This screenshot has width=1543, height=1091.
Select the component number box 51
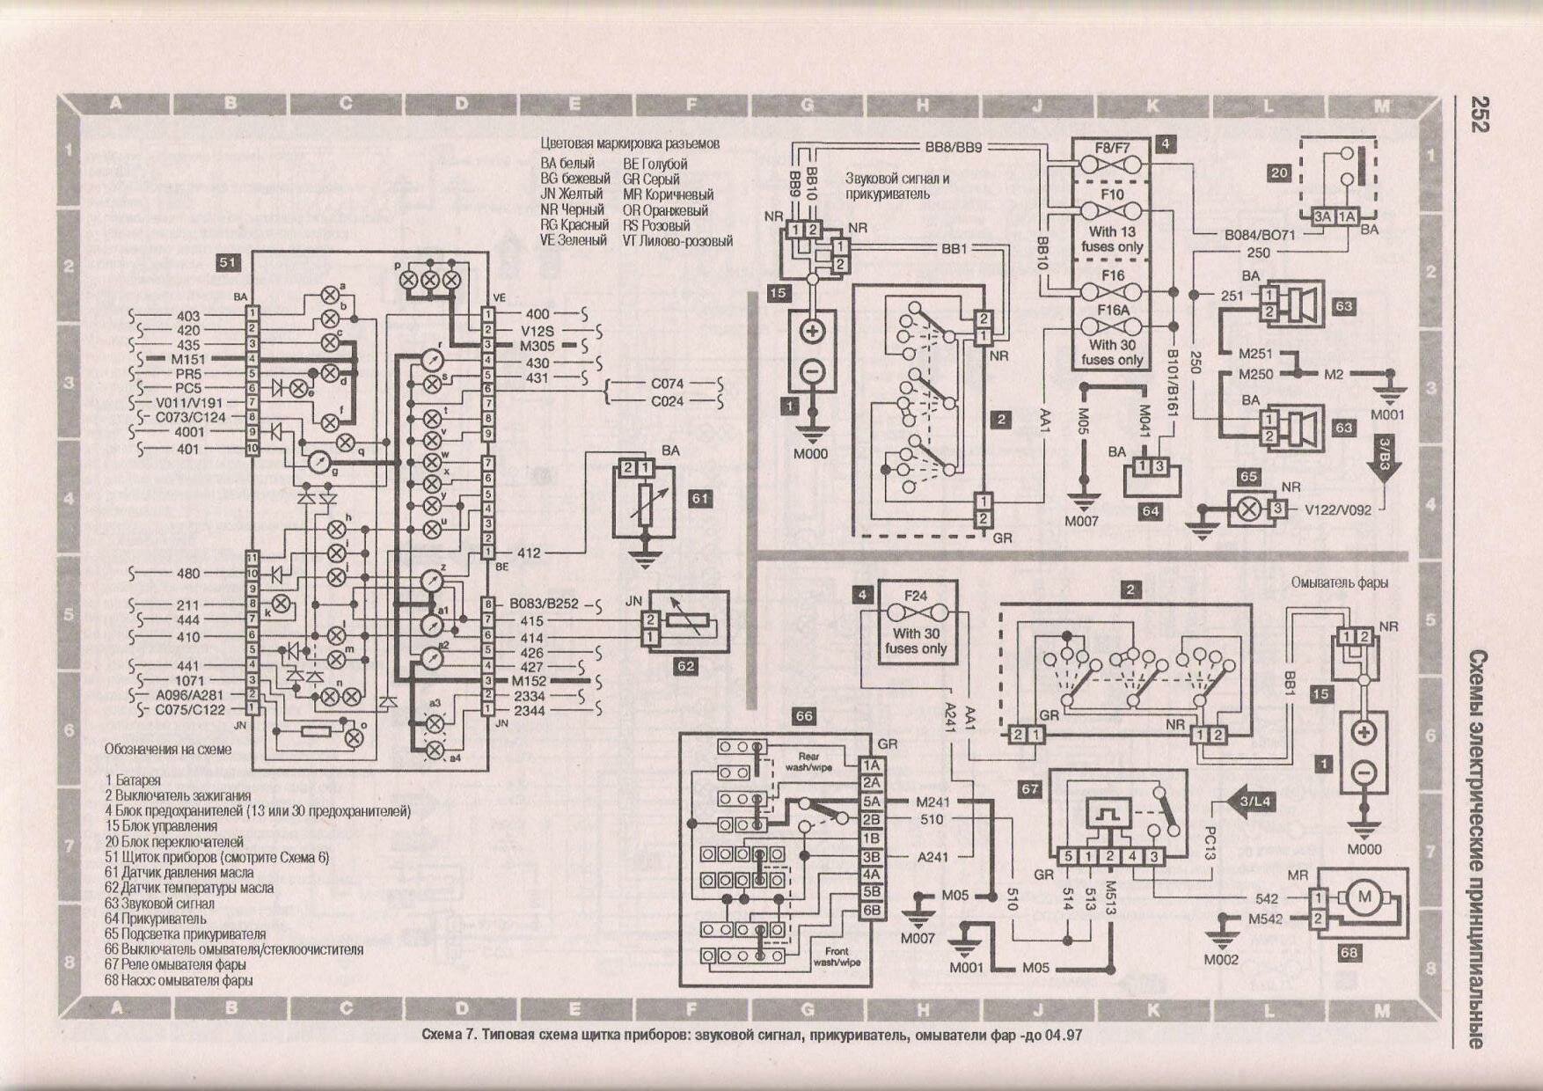tap(227, 262)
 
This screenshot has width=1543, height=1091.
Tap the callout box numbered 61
tap(699, 499)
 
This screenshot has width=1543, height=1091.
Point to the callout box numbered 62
tap(685, 666)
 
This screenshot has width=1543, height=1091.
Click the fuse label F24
tap(916, 596)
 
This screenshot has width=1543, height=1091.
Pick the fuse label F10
tap(1112, 194)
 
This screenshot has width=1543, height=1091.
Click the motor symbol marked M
tap(1365, 897)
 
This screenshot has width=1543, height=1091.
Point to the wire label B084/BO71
tap(1260, 236)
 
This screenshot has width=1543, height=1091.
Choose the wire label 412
tap(529, 553)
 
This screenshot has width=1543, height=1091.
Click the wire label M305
tap(537, 346)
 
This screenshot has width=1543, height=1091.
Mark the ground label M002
tap(1221, 960)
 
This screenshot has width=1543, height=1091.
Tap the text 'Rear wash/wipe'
tap(808, 762)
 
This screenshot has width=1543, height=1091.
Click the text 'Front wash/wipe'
tap(837, 956)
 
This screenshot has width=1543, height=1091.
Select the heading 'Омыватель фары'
tap(1340, 582)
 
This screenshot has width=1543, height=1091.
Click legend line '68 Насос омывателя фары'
tap(178, 980)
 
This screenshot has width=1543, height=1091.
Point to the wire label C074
tap(667, 384)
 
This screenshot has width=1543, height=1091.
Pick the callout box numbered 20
tap(1279, 173)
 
